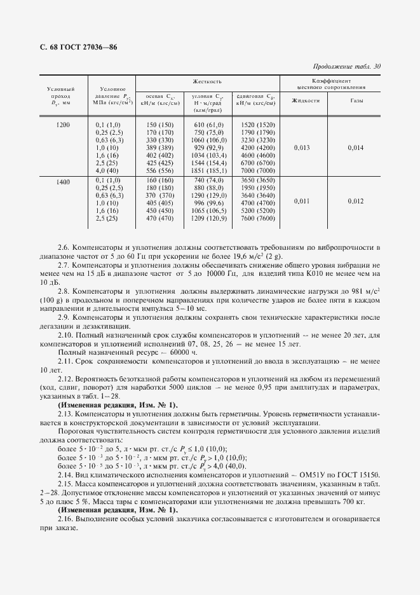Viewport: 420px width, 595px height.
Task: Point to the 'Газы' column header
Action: [x=358, y=100]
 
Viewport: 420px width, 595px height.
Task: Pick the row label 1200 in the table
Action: [x=63, y=125]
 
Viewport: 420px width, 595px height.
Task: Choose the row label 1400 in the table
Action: [x=63, y=182]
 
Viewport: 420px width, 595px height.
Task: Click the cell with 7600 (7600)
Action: [x=258, y=219]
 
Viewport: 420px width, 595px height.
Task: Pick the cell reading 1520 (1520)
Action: [x=258, y=125]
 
